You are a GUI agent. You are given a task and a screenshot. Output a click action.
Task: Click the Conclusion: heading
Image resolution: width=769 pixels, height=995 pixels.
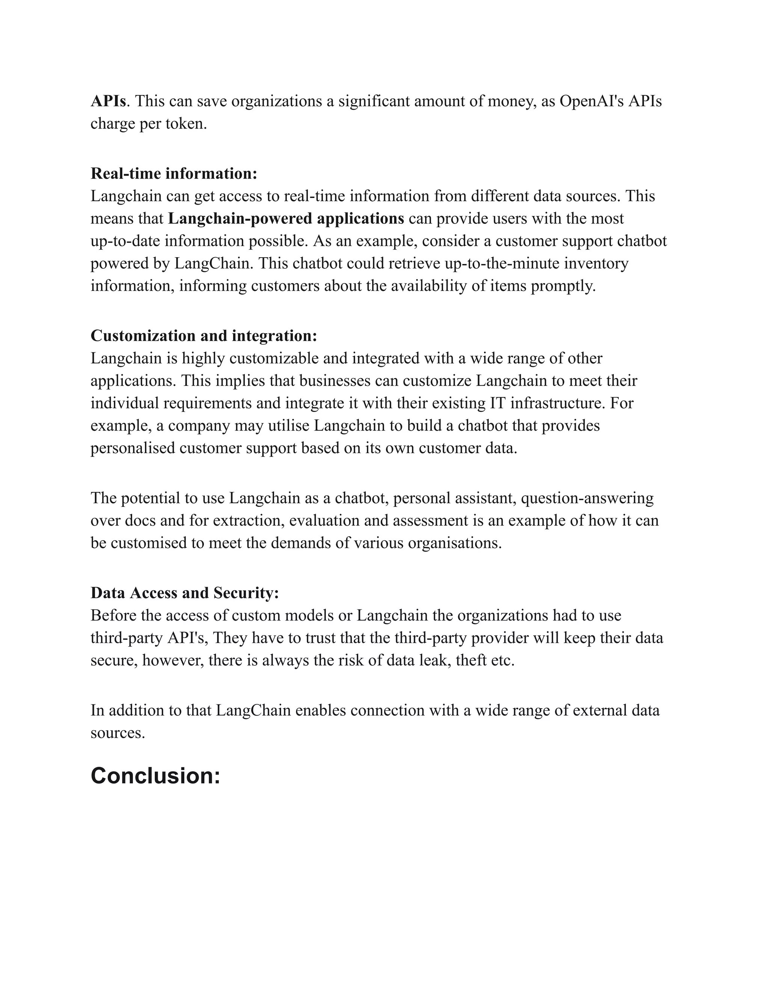(x=155, y=775)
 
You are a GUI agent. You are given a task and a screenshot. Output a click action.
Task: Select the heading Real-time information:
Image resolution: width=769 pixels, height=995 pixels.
(x=174, y=173)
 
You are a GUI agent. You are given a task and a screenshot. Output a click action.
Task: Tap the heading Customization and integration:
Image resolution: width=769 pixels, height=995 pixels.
(x=204, y=336)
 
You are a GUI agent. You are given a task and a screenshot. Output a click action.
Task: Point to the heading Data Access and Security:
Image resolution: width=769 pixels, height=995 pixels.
(x=184, y=593)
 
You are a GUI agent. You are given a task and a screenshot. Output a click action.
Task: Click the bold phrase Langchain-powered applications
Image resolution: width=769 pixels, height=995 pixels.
(x=286, y=219)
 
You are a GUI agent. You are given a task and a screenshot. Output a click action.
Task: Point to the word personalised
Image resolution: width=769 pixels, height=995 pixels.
(x=133, y=448)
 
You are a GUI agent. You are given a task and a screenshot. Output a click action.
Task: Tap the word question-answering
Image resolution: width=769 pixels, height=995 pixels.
(x=587, y=498)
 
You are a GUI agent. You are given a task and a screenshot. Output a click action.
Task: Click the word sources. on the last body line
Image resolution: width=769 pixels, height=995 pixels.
(x=118, y=733)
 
